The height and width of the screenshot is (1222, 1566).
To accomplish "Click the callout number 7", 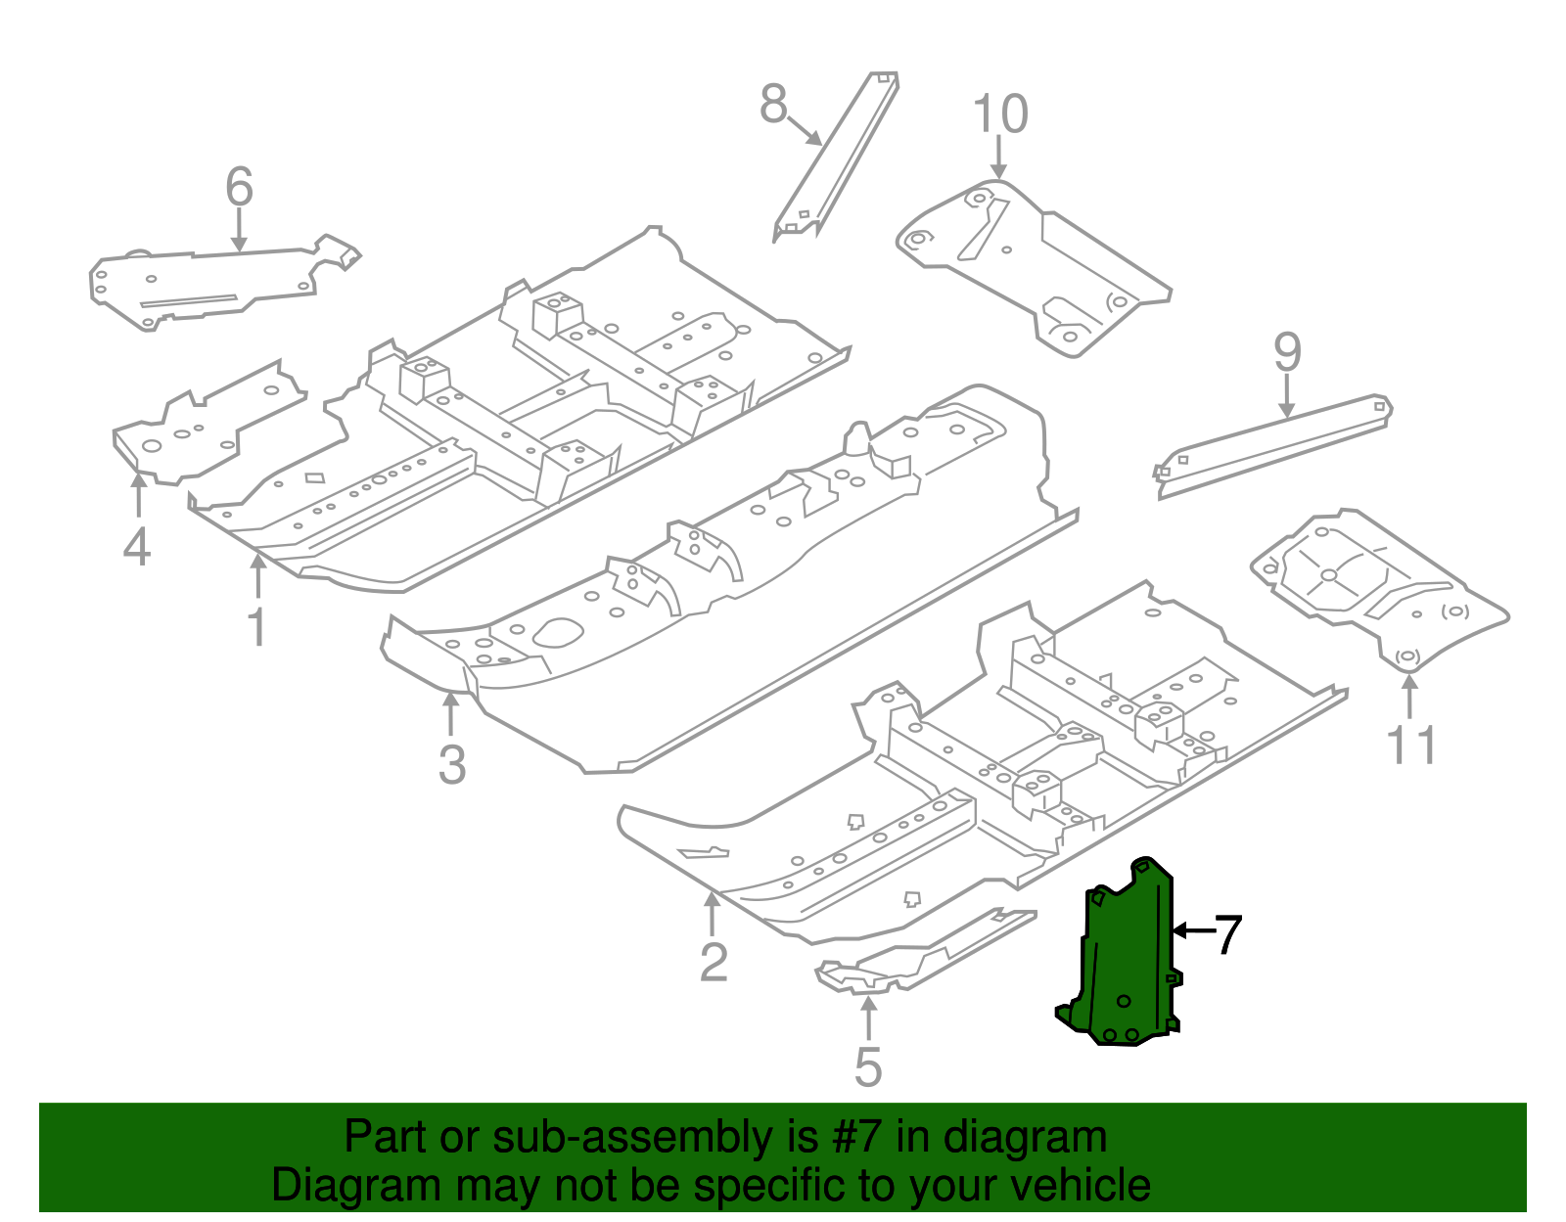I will (x=1228, y=934).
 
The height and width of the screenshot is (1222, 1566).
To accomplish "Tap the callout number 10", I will (x=1000, y=114).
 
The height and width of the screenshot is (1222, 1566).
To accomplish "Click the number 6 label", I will (x=239, y=187).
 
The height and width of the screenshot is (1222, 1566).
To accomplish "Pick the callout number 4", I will (x=137, y=547).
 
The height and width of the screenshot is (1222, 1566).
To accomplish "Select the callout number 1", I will (x=256, y=627).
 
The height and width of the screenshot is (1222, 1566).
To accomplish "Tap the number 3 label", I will (x=451, y=764).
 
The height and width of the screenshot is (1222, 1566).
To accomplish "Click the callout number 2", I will (x=714, y=963).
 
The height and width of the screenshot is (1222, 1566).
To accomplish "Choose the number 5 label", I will (x=867, y=1067).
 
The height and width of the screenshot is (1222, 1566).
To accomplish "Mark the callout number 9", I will (x=1287, y=352).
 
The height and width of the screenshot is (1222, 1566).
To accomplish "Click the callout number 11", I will (x=1411, y=746).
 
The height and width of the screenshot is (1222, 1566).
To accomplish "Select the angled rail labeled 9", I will (x=1272, y=445).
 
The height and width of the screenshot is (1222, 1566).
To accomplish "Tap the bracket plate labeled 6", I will (x=215, y=284).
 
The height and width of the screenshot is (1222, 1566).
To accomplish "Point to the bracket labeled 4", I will (x=196, y=430).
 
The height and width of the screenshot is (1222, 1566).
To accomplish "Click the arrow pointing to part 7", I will (x=1192, y=930).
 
